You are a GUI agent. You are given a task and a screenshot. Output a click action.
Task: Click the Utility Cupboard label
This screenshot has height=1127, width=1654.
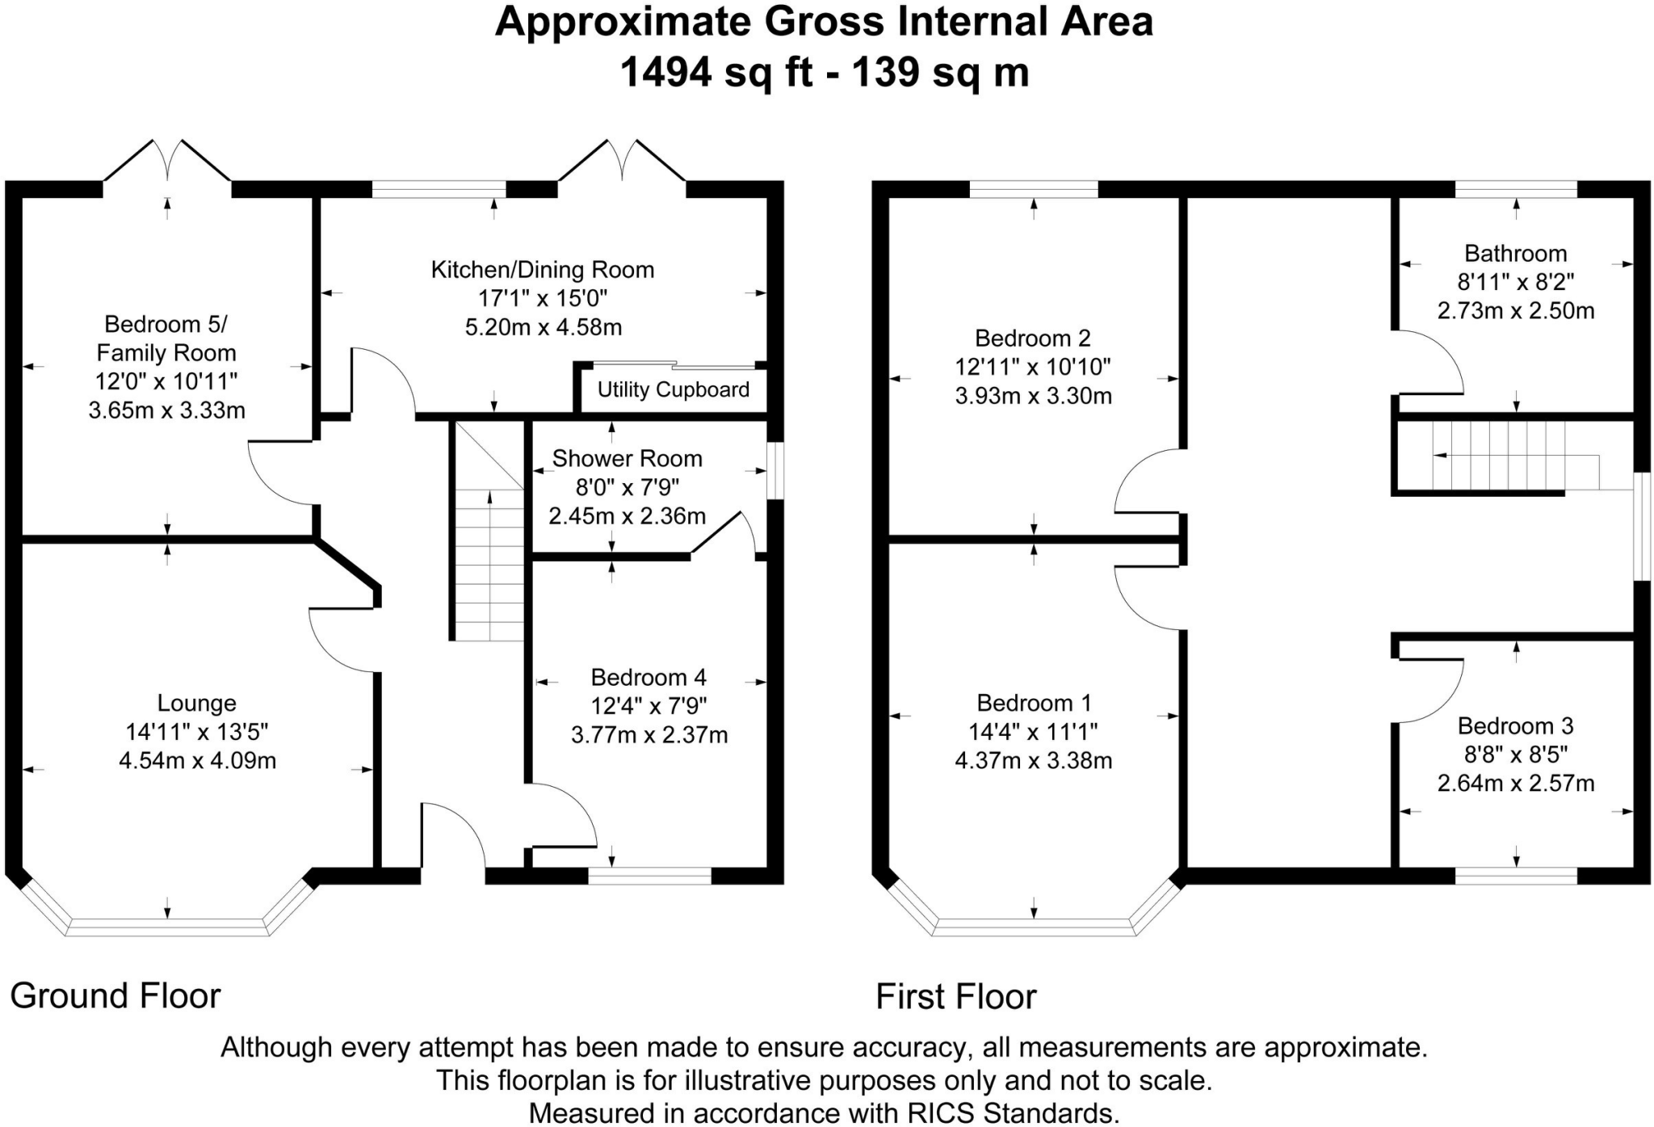[673, 390]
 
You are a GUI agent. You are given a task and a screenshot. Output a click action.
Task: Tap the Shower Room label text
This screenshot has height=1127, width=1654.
[627, 459]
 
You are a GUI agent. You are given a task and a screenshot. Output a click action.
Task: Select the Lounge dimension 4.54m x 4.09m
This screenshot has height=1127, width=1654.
[197, 761]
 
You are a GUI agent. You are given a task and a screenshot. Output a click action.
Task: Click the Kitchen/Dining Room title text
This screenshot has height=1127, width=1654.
[542, 270]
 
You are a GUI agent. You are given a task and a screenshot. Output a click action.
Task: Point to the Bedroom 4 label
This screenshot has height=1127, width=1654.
[649, 677]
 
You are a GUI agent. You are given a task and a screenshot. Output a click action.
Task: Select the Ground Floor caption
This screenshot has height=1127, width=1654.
[115, 996]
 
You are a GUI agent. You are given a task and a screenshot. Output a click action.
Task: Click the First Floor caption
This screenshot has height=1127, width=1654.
[955, 997]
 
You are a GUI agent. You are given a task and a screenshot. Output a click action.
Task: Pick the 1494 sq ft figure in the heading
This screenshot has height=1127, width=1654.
[716, 73]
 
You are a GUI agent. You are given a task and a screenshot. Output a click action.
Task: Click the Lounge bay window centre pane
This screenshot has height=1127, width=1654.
[167, 927]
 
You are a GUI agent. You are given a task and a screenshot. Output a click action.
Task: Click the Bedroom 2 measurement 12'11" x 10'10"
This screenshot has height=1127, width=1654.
[1033, 368]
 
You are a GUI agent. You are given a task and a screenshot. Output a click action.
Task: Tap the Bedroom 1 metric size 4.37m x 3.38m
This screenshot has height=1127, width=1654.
[1033, 761]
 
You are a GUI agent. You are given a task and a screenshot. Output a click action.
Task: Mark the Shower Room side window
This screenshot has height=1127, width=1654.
[775, 470]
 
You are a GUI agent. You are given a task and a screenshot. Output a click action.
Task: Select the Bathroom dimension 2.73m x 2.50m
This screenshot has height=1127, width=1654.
[1515, 311]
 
